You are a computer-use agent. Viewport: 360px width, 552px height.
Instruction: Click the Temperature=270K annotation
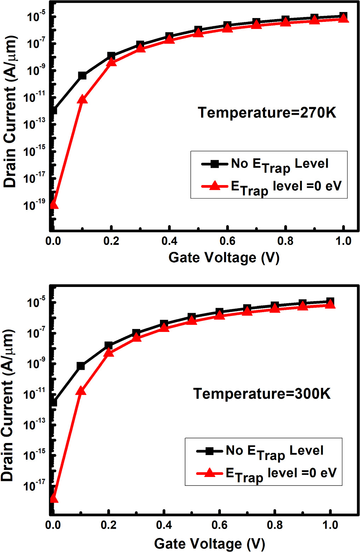[x=267, y=113]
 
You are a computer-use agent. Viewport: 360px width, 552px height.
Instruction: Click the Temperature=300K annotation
[x=262, y=393]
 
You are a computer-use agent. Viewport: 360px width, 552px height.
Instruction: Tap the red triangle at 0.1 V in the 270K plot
[x=82, y=99]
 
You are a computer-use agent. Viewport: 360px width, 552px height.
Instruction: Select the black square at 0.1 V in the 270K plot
[x=82, y=75]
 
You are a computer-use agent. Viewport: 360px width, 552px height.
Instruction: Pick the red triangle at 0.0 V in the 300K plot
[x=53, y=498]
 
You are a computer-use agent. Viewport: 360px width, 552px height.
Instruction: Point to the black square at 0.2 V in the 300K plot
[x=109, y=345]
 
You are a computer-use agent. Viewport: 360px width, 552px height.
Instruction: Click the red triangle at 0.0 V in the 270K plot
[x=53, y=204]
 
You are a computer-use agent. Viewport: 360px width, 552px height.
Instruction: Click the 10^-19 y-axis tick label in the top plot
[x=34, y=205]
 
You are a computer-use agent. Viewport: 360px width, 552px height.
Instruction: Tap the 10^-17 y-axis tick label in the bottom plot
[x=34, y=485]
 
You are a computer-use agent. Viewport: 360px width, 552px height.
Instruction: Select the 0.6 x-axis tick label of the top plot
[x=227, y=241]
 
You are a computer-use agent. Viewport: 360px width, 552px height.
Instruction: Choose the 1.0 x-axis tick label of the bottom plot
[x=330, y=525]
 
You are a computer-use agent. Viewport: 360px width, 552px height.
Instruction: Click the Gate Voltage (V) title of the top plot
[x=224, y=258]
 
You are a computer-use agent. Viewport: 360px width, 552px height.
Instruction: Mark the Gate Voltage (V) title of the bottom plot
[x=209, y=544]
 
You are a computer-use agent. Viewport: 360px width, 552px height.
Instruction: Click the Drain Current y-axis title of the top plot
[x=10, y=111]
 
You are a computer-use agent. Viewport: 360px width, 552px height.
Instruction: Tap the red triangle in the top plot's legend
[x=215, y=185]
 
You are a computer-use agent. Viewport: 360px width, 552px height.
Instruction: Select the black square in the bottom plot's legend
[x=210, y=451]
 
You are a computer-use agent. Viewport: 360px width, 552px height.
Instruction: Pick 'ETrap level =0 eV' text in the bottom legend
[x=281, y=474]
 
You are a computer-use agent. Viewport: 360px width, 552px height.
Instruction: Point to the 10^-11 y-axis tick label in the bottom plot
[x=34, y=393]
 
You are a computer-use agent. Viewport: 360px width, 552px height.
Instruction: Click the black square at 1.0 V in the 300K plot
[x=330, y=302]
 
